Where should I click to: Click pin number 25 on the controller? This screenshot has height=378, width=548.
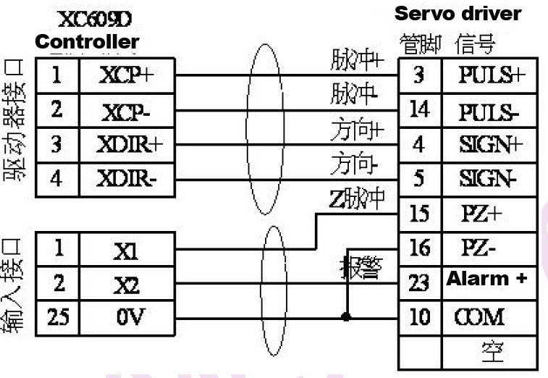click(x=57, y=316)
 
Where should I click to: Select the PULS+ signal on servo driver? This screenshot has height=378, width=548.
click(x=490, y=75)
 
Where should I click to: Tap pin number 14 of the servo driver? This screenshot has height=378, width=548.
click(x=419, y=109)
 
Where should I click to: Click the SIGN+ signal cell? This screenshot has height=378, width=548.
click(x=490, y=144)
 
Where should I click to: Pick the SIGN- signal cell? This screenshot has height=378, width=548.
click(x=490, y=178)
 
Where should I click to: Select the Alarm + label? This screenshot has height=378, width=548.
click(x=486, y=279)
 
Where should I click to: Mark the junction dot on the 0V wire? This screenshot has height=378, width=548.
click(x=347, y=316)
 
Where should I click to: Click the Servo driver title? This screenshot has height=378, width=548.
click(x=457, y=14)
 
